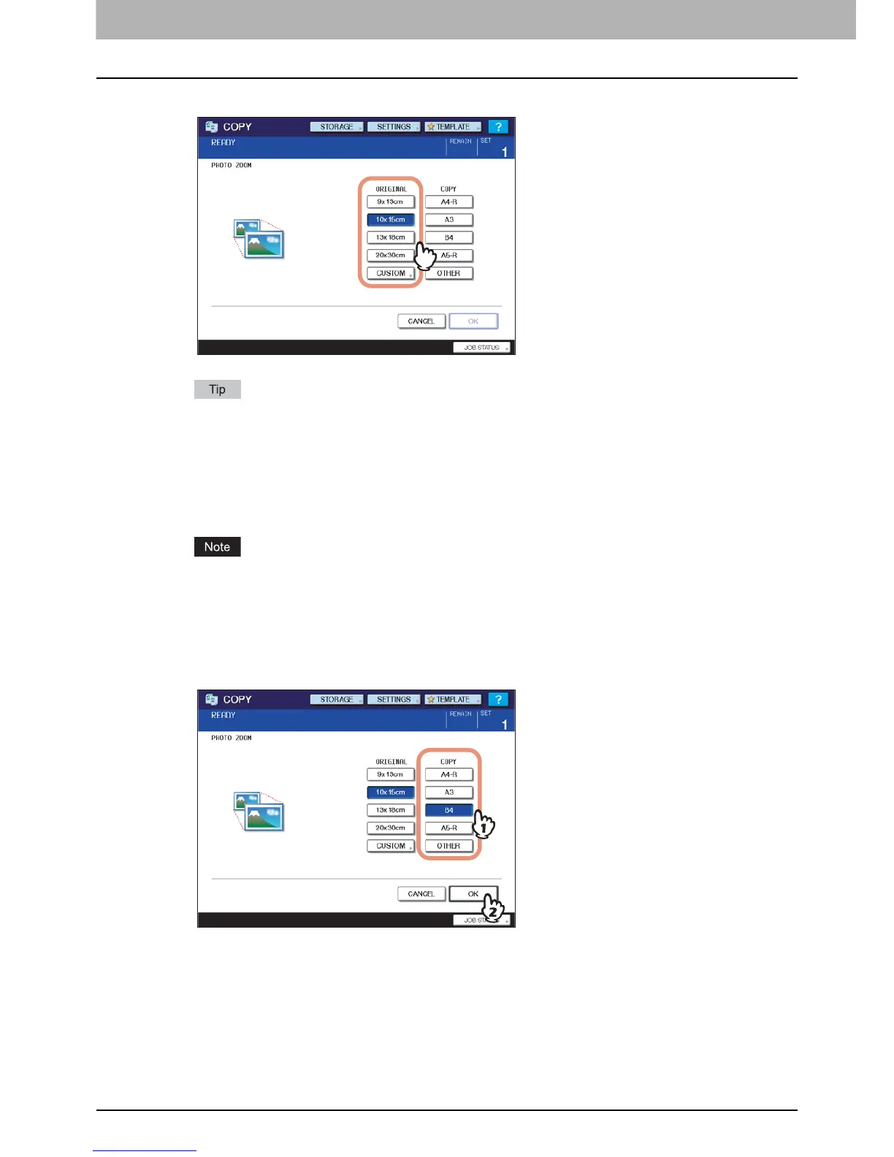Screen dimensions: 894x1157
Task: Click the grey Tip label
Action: [217, 389]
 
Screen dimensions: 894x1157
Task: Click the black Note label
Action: [217, 547]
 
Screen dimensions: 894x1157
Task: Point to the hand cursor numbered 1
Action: [483, 825]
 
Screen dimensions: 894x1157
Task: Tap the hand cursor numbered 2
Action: [493, 909]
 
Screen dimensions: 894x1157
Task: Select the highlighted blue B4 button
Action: [448, 810]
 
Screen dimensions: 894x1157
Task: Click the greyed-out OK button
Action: [473, 321]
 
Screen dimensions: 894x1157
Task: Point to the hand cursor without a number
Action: [425, 256]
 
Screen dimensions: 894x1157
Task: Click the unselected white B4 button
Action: [448, 237]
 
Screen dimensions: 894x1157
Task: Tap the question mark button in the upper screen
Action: [498, 127]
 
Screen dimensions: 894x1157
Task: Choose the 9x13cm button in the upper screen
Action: [390, 202]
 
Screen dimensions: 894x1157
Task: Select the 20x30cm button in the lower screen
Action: [390, 828]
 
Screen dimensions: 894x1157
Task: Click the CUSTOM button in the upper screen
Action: [391, 273]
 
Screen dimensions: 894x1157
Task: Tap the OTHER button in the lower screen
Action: [448, 846]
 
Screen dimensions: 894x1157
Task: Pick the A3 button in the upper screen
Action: [448, 220]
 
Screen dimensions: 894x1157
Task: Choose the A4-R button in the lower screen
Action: [448, 774]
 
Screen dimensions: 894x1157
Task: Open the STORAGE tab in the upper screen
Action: [337, 127]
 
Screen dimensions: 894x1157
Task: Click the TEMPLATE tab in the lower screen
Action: [453, 700]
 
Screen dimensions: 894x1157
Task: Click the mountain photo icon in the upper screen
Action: [259, 239]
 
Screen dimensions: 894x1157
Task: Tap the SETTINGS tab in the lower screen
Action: [394, 700]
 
